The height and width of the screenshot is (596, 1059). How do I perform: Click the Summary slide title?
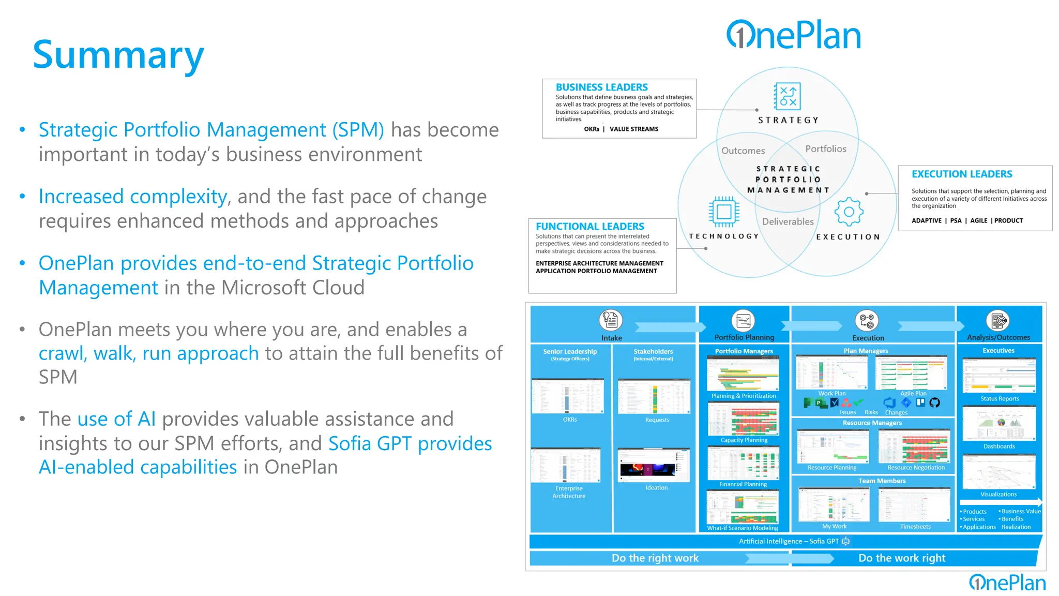pos(118,55)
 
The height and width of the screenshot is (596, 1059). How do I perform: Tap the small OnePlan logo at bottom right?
pos(1007,583)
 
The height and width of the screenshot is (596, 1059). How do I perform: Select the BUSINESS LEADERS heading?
pos(601,87)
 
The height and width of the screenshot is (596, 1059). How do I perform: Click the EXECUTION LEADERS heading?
pos(961,174)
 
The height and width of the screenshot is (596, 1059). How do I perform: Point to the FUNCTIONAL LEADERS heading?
pos(589,227)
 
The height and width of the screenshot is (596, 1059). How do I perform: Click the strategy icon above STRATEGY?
pos(788,96)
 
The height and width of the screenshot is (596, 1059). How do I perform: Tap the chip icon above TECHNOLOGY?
pos(724,212)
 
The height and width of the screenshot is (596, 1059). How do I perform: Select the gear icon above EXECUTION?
pos(849,212)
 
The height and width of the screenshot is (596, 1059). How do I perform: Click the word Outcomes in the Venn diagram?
pos(743,151)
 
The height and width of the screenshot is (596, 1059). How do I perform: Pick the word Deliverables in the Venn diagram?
pos(788,221)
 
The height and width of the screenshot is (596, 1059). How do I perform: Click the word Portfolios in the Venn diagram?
pos(825,149)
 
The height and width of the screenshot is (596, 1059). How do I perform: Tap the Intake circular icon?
pos(611,320)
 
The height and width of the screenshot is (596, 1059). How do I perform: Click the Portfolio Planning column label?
pos(744,337)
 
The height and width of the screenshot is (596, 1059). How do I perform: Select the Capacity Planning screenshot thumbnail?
pos(744,419)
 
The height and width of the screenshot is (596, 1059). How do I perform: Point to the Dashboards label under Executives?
pos(999,446)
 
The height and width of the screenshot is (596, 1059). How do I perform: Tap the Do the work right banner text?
pos(901,558)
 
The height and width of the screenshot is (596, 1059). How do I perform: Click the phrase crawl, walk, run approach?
pos(148,353)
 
